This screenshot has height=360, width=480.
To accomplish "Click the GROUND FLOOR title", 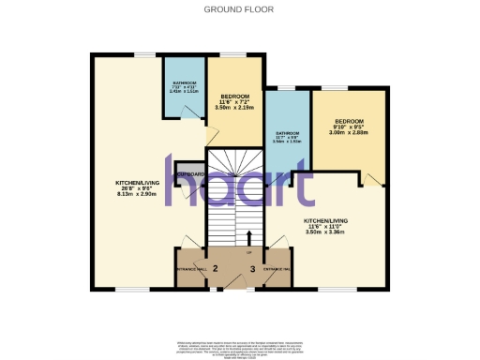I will pos(239,9).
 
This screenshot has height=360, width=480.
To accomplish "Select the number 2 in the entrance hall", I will pos(216,269).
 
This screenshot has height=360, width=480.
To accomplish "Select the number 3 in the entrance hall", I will pos(252,269).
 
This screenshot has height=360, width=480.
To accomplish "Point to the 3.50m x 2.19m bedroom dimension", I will pos(234,108).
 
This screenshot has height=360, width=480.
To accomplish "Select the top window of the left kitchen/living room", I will pos(144,53).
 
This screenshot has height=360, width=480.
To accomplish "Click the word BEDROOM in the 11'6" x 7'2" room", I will pos(234,96).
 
